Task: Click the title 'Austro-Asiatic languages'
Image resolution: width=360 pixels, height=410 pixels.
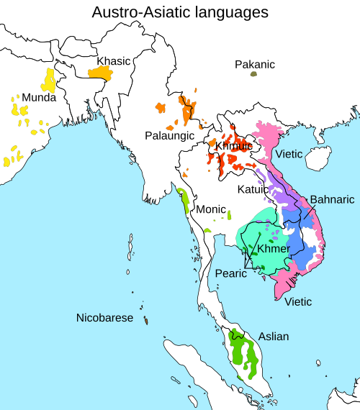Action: click(180, 12)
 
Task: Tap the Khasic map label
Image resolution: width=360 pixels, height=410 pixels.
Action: click(114, 61)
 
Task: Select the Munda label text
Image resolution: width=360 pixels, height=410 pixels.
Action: click(40, 97)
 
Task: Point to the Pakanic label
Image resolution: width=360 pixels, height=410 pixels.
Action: click(255, 65)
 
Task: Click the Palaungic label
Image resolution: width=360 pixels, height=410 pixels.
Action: click(171, 135)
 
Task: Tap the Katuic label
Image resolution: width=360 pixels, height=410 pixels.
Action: click(253, 189)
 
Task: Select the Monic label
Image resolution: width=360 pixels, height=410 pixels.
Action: click(212, 209)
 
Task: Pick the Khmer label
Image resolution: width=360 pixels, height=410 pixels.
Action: click(273, 249)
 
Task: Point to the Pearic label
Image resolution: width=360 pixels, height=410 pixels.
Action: click(232, 273)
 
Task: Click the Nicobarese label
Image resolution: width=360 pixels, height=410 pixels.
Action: click(105, 318)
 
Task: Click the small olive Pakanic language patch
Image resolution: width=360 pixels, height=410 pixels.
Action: click(253, 74)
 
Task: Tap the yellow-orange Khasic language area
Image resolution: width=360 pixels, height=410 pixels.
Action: click(101, 73)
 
